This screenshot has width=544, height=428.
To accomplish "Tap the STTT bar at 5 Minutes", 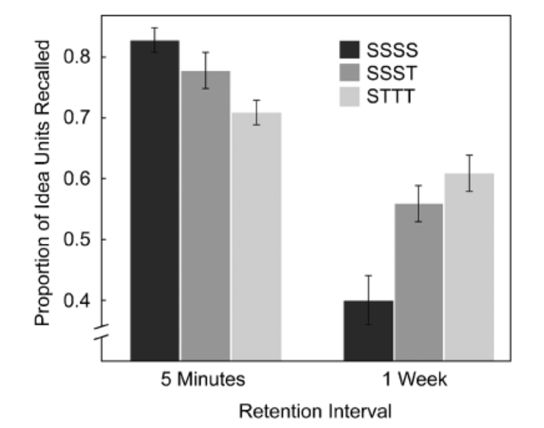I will point(256,236).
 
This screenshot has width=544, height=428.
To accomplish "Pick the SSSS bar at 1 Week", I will point(368,330).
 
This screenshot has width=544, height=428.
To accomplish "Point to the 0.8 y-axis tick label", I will point(78,57).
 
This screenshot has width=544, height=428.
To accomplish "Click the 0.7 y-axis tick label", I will point(78,118).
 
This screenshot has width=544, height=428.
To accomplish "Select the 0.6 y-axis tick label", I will point(78,179).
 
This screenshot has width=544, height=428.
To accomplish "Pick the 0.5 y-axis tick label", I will point(78,240).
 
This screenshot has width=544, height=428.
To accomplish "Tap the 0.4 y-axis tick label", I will point(78,301).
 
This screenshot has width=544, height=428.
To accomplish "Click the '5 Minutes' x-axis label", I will point(203,380).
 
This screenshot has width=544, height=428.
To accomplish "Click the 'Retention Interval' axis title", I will point(315,412).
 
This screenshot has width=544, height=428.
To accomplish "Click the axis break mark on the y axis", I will point(101,334).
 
